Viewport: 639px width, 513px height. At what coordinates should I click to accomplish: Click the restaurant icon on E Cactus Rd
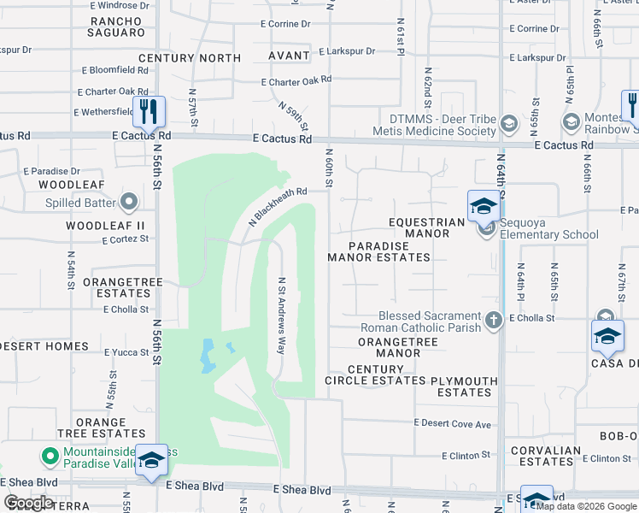pyautogui.click(x=149, y=111)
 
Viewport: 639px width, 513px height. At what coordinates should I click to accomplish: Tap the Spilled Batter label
pyautogui.click(x=82, y=203)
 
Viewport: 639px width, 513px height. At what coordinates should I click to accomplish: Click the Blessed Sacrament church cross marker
pyautogui.click(x=493, y=321)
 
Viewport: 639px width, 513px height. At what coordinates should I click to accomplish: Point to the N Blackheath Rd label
pyautogui.click(x=277, y=206)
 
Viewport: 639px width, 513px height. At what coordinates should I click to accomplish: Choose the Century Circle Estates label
pyautogui.click(x=375, y=374)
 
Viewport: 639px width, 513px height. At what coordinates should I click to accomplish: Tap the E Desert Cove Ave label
pyautogui.click(x=453, y=423)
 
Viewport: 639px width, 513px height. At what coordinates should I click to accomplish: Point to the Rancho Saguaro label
pyautogui.click(x=117, y=27)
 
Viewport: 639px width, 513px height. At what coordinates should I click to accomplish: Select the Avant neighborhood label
pyautogui.click(x=288, y=56)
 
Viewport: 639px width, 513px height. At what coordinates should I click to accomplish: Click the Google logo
pyautogui.click(x=27, y=503)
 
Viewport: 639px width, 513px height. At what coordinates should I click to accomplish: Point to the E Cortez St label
pyautogui.click(x=126, y=241)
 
